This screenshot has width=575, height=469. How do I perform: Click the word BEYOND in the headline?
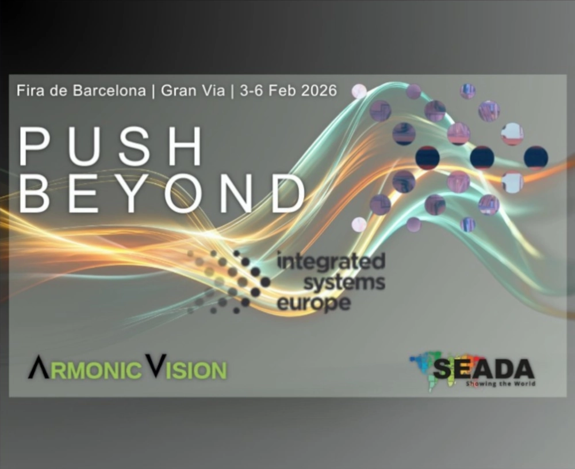click(162, 193)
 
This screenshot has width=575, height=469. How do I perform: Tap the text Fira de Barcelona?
click(81, 91)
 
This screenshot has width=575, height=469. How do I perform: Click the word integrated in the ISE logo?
click(331, 262)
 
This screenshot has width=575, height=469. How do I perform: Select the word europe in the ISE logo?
click(314, 303)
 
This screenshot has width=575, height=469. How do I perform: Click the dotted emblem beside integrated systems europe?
click(230, 282)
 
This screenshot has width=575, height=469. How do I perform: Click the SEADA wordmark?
click(483, 368)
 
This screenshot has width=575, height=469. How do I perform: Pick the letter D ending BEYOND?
click(287, 193)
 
